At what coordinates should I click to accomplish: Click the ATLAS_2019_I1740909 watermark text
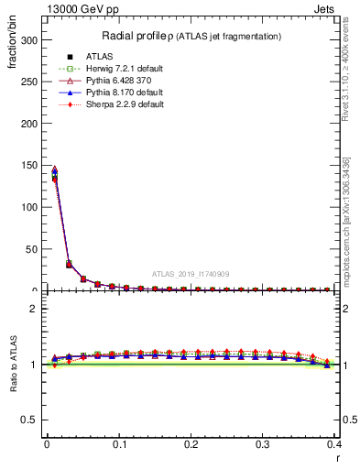point(191,273)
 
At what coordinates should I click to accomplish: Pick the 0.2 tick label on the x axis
point(191,443)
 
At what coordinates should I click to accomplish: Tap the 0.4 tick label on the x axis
point(334,443)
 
